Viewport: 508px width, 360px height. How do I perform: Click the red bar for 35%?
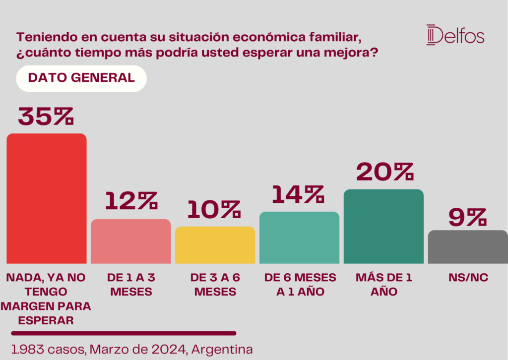tap(47, 198)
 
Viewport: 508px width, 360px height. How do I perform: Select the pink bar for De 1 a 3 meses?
tap(131, 241)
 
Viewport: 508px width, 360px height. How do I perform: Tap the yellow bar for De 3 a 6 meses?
tap(215, 245)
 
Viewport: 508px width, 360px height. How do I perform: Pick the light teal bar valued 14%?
tap(300, 238)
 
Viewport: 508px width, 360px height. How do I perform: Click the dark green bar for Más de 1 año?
tap(384, 226)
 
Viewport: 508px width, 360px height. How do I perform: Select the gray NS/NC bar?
tap(468, 247)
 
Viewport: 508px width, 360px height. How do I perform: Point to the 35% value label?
tap(46, 116)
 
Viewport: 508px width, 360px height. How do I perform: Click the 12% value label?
tap(131, 201)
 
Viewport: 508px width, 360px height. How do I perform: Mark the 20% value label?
tap(384, 172)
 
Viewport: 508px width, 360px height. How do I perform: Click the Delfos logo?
tap(455, 35)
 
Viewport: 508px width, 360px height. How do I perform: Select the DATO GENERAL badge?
tap(81, 78)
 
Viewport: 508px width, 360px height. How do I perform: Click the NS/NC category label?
tap(468, 278)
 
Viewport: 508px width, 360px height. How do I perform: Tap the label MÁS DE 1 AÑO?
tap(384, 285)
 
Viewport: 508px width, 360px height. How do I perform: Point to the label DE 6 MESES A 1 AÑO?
tap(300, 285)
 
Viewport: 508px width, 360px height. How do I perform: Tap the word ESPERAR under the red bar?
tap(46, 320)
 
